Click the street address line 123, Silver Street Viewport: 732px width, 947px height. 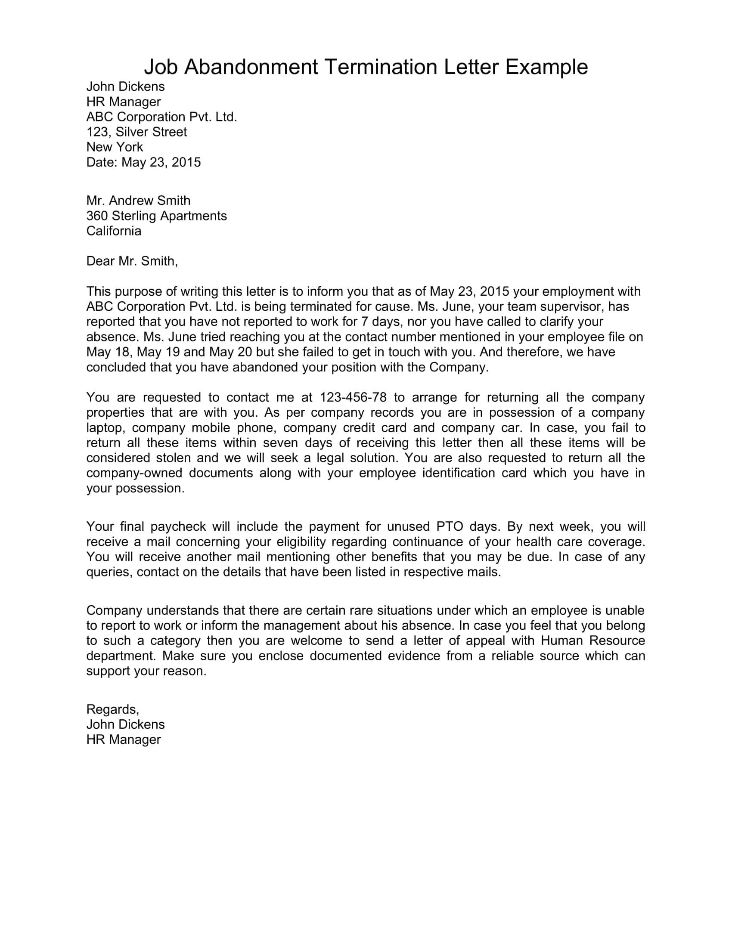(136, 132)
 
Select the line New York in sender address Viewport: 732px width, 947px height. (115, 147)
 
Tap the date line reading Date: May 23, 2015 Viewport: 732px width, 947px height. (143, 162)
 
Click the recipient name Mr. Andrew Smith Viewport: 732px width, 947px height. (138, 200)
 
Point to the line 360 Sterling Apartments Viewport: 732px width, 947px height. (157, 216)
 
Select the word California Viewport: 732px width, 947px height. (114, 231)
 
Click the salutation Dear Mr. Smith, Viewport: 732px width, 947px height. (132, 261)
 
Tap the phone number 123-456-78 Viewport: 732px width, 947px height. (353, 397)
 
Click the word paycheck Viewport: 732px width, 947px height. (178, 526)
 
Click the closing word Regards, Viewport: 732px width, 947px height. (113, 709)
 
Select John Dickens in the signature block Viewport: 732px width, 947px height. (125, 724)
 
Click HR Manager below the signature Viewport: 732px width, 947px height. (124, 740)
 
